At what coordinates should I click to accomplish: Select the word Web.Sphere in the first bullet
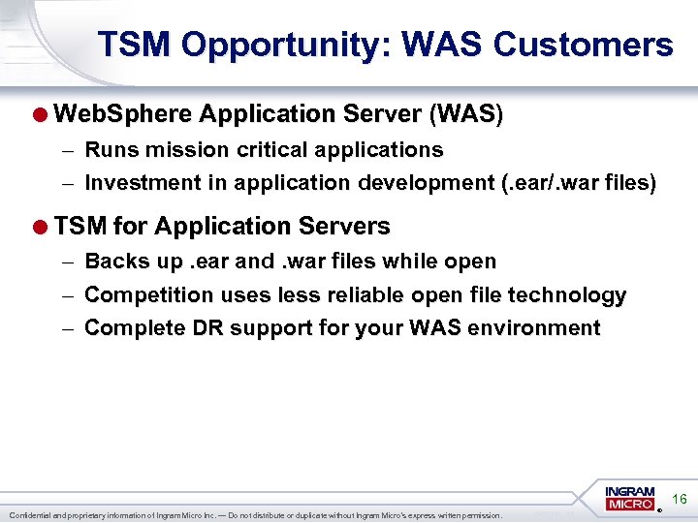click(x=123, y=114)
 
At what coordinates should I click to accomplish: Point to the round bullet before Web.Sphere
click(x=41, y=114)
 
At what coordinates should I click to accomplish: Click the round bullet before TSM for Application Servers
click(x=41, y=227)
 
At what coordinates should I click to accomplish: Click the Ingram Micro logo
click(x=630, y=499)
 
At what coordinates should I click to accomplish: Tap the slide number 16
click(x=680, y=500)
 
